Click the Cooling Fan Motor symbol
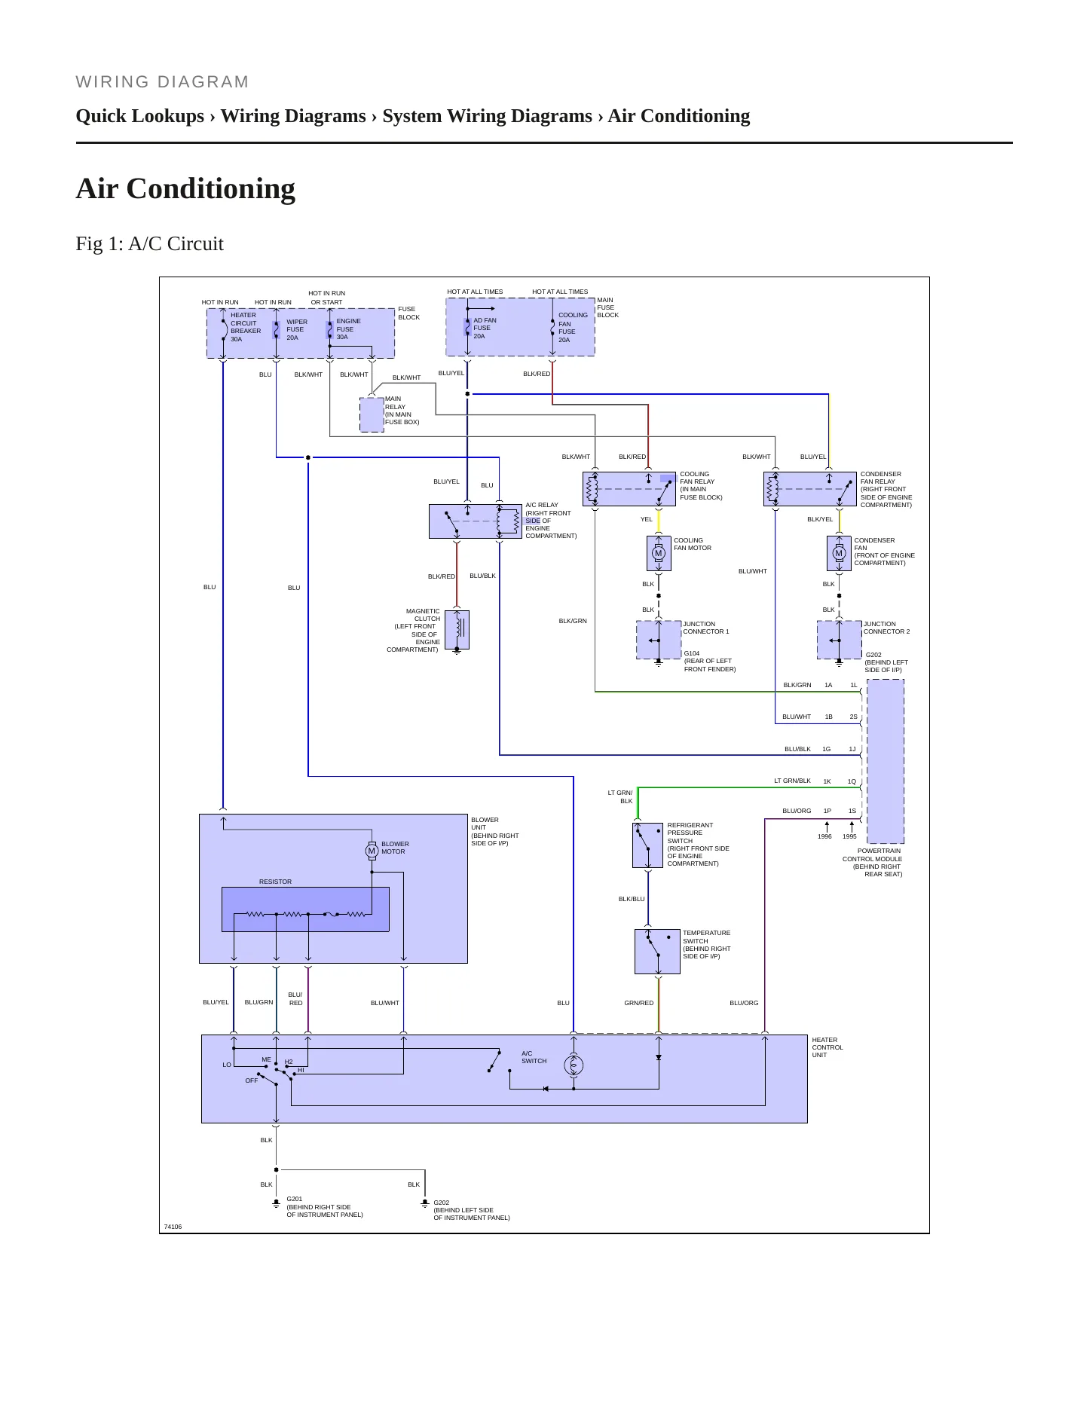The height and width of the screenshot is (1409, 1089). (659, 553)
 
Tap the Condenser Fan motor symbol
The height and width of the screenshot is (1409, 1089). (839, 553)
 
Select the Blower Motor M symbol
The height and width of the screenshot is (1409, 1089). (372, 851)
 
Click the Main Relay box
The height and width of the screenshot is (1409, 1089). (372, 414)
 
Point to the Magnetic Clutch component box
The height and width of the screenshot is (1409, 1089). (457, 629)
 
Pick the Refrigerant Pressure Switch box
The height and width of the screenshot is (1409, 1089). (647, 845)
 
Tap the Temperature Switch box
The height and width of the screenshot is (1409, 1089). (657, 951)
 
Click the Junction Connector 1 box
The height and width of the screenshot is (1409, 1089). (659, 640)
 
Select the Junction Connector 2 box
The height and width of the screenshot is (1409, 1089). (839, 640)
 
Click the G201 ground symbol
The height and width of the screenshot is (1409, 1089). (277, 1203)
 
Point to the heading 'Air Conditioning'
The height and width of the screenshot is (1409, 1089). (185, 188)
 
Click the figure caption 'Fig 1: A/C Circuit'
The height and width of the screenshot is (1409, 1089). (150, 244)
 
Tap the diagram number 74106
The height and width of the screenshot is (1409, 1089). (173, 1227)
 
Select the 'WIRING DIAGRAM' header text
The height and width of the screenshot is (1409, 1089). (162, 82)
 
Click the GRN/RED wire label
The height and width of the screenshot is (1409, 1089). (639, 1003)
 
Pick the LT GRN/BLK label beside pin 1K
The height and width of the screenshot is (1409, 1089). (793, 781)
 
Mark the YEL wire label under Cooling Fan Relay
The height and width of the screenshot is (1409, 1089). (647, 519)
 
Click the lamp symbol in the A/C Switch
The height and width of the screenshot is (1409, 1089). (574, 1065)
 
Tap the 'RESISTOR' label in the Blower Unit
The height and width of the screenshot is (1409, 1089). (275, 882)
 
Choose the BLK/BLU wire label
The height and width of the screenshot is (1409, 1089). (632, 899)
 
